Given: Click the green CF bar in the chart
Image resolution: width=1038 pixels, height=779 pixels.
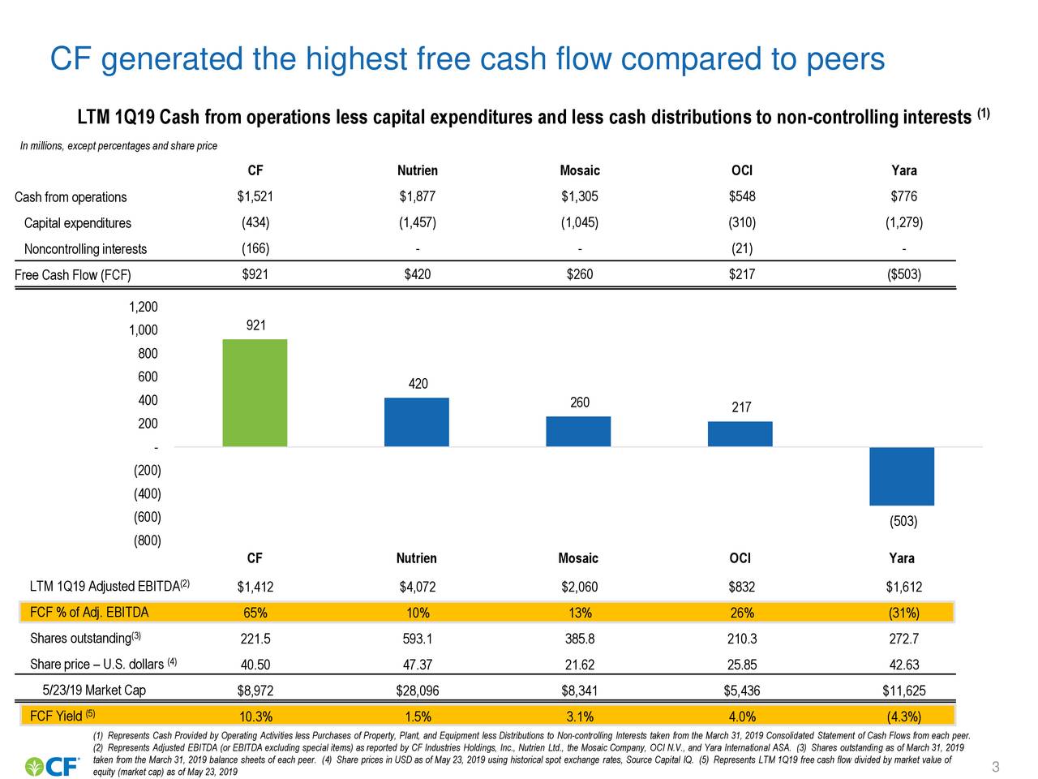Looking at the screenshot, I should [255, 393].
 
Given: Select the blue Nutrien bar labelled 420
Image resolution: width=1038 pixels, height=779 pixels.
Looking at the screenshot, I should [416, 422].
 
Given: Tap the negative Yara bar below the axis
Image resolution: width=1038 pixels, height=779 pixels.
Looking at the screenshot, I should [901, 476].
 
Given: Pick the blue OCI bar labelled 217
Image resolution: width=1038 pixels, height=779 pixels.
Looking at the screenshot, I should [740, 434].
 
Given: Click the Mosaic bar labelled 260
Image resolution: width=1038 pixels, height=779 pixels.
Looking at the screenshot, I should [578, 432].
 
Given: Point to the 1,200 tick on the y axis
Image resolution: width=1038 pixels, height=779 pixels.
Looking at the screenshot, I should [144, 307].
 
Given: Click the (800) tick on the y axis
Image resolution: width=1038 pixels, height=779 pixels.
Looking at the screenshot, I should [147, 540].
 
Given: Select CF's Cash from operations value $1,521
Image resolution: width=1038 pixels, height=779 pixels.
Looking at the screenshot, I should [255, 196].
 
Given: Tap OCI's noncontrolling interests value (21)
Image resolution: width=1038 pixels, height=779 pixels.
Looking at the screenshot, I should [741, 248].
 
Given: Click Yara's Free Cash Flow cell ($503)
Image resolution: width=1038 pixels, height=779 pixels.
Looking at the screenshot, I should [903, 274].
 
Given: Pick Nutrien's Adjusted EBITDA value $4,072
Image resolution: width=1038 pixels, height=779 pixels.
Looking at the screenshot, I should [417, 587].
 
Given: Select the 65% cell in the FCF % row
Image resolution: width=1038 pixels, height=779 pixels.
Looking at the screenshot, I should [255, 613].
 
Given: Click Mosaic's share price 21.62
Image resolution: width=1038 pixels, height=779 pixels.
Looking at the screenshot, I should [579, 665].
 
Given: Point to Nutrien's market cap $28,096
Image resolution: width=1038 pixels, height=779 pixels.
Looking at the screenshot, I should [417, 691].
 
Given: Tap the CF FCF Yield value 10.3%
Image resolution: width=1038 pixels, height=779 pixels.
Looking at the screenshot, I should [255, 717].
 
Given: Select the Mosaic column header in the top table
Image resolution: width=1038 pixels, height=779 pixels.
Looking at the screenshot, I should [579, 170].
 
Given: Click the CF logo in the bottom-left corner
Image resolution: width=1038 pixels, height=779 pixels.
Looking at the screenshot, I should [53, 766].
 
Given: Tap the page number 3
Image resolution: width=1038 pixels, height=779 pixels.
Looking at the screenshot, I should [995, 768].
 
